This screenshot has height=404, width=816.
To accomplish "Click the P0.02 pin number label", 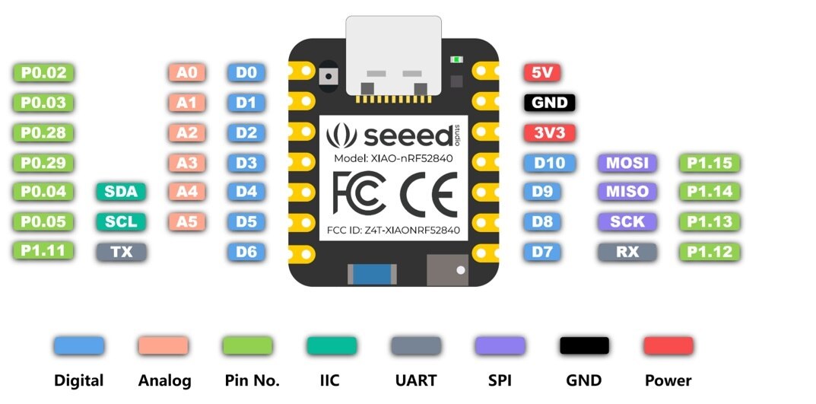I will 44,73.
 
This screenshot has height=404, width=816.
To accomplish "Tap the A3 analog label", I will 187,162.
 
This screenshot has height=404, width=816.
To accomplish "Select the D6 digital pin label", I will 246,251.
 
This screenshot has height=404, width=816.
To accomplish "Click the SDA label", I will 121,192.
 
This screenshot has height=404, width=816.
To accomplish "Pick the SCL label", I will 121,221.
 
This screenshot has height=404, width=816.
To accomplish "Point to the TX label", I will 121,251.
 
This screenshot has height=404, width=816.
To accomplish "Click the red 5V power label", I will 542,73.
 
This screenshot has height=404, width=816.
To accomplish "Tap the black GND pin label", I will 550,103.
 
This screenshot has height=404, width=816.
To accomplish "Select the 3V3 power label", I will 550,132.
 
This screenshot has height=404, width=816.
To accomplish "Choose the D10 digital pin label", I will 550,162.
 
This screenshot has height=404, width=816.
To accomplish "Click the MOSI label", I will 627,162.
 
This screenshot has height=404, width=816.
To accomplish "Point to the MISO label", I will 627,192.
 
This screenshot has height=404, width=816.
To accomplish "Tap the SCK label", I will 627,221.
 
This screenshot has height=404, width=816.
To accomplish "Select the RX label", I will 627,251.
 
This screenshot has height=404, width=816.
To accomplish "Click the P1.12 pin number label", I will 709,251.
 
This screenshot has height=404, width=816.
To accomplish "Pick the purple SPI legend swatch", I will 500,345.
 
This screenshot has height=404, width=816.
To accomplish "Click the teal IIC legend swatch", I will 332,345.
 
